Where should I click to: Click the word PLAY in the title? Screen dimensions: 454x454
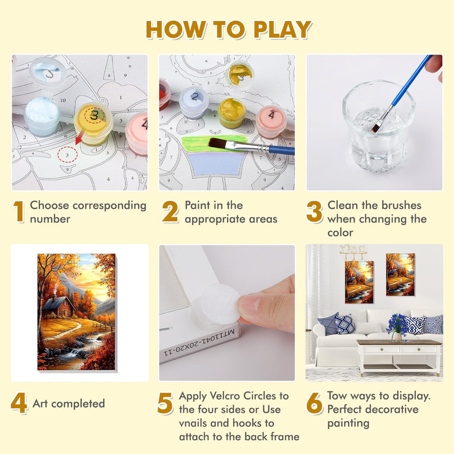click(282, 30)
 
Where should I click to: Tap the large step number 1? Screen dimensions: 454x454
click(19, 211)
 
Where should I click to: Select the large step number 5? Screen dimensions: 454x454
click(165, 403)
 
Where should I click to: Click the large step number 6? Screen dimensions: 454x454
click(314, 403)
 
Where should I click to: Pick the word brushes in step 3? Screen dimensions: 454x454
click(401, 205)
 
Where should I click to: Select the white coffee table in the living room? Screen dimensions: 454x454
click(399, 357)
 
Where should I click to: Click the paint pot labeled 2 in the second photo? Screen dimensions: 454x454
click(194, 102)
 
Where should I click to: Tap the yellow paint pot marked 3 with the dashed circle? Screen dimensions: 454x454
click(93, 123)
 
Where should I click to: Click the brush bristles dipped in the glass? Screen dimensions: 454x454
click(376, 127)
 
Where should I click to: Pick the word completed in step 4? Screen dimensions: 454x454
click(78, 404)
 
